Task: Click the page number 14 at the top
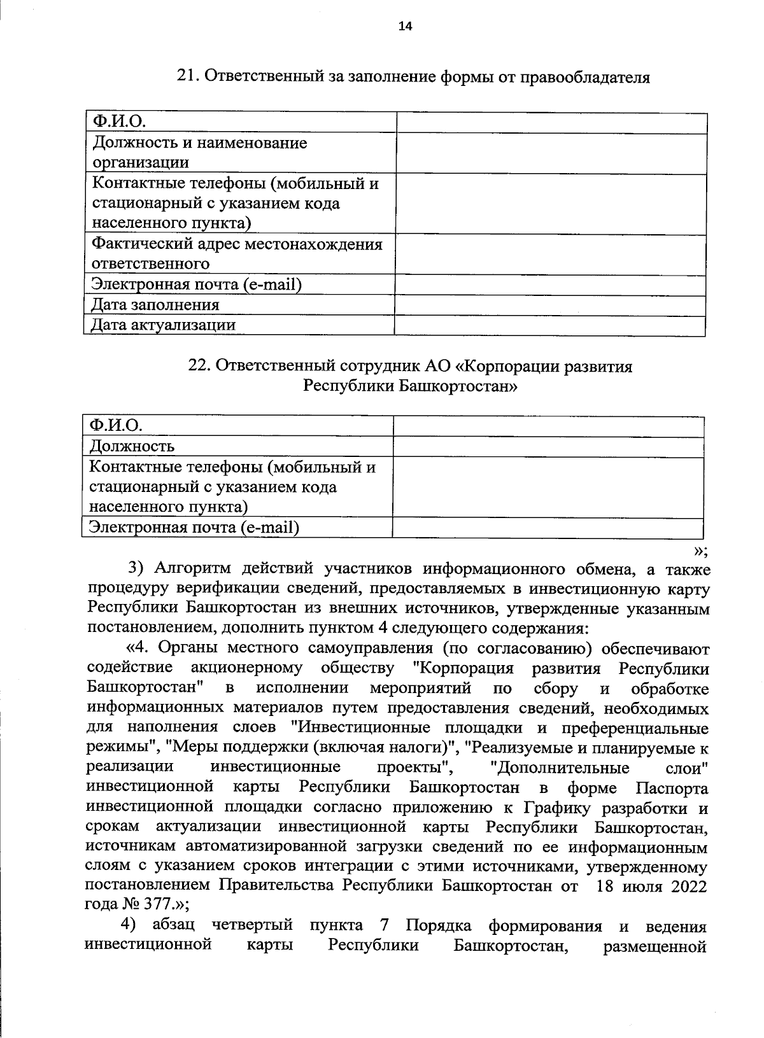pos(405,26)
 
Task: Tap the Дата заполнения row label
pos(155,305)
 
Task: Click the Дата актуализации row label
pos(163,325)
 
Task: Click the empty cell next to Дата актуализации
pos(549,325)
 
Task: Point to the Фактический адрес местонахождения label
pos(237,244)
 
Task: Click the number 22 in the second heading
pos(198,367)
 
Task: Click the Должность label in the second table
pos(132,446)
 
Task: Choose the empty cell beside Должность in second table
pos(548,447)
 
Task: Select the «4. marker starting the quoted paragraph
pos(139,649)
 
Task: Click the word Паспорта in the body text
pos(672,789)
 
